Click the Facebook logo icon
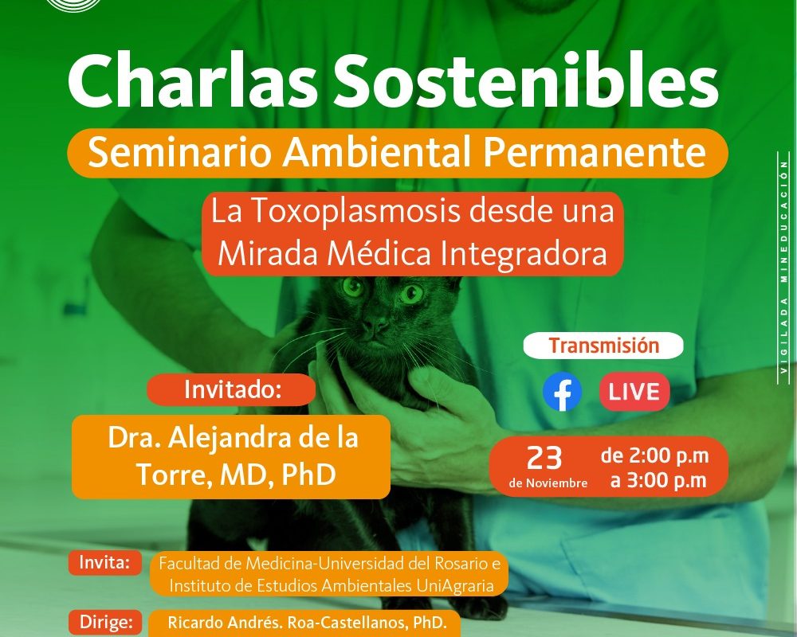point(562,392)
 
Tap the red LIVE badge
point(634,392)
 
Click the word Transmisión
point(604,346)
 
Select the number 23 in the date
point(544,458)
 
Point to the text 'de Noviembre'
point(548,483)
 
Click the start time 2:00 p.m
point(669,455)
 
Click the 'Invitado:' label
point(232,389)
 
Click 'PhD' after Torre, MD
point(308,474)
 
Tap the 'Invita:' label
point(104,563)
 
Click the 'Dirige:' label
point(106,622)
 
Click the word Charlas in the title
point(193,82)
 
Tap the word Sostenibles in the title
point(525,81)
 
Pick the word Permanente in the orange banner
point(595,153)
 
